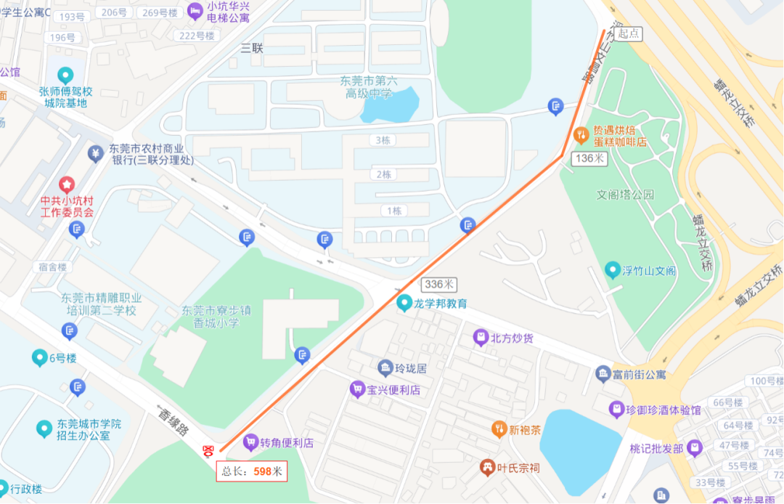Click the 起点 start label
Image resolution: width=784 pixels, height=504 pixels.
pyautogui.click(x=629, y=33)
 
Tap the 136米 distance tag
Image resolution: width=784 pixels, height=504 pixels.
pyautogui.click(x=589, y=158)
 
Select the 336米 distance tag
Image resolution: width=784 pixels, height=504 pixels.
pyautogui.click(x=439, y=284)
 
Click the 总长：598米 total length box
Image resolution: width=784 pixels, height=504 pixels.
pyautogui.click(x=251, y=471)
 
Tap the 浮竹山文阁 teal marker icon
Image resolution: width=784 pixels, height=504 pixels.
pyautogui.click(x=613, y=271)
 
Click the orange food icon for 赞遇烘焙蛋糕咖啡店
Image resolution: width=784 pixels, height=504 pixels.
pyautogui.click(x=581, y=135)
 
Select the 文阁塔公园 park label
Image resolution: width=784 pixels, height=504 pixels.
pyautogui.click(x=625, y=195)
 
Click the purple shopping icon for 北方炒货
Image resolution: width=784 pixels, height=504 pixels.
pyautogui.click(x=480, y=337)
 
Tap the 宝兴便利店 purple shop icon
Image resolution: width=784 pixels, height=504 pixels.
pyautogui.click(x=356, y=389)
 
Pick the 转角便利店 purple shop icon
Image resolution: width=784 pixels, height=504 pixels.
pyautogui.click(x=250, y=442)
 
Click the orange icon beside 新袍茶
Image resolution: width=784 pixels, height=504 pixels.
pyautogui.click(x=498, y=429)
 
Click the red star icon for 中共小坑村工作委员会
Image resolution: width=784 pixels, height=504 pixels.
pyautogui.click(x=67, y=185)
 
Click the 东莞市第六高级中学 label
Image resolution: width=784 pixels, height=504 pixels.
pyautogui.click(x=368, y=88)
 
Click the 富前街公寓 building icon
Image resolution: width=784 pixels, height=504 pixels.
pyautogui.click(x=603, y=375)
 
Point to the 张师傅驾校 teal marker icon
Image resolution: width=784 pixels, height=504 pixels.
pyautogui.click(x=65, y=75)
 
